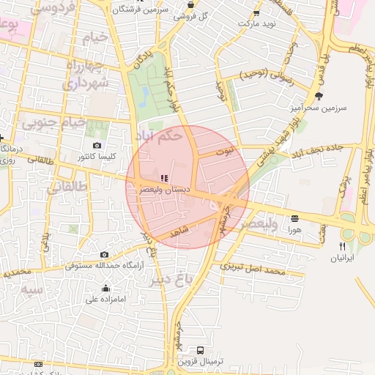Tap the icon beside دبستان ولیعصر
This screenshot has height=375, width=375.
pos(164,178)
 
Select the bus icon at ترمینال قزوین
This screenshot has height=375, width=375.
pos(201,350)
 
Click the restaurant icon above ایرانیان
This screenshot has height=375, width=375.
pos(342,247)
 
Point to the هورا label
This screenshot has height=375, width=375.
pos(294,229)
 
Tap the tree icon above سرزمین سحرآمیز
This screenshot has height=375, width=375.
pos(319,95)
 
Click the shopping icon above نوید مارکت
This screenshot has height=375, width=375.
pos(256,12)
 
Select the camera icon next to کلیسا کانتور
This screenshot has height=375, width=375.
pos(97,146)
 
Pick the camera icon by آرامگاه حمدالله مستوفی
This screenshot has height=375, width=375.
pos(105,254)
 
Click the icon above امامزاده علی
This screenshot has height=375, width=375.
pos(107,288)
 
